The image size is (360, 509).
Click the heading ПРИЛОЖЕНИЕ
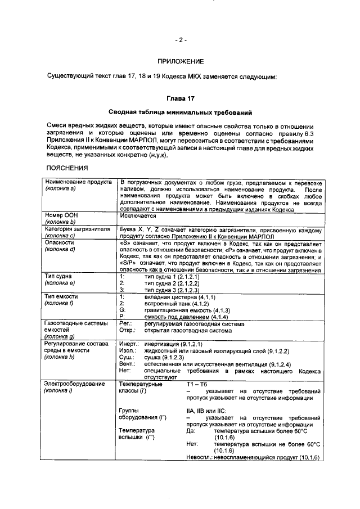[x=181, y=61]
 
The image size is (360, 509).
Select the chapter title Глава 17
[x=180, y=98]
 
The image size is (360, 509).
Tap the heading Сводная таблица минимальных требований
[x=180, y=112]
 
